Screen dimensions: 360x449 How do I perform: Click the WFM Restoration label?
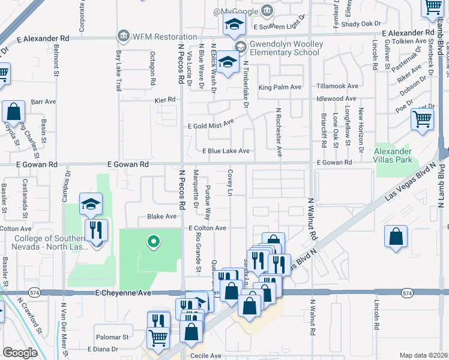pyautogui.click(x=157, y=36)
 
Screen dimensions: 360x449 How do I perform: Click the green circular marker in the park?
pyautogui.click(x=153, y=242)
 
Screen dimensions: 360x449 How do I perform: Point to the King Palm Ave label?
pyautogui.click(x=280, y=87)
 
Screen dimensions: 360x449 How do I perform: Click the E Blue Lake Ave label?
pyautogui.click(x=226, y=151)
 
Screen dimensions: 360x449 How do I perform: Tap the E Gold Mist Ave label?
pyautogui.click(x=210, y=125)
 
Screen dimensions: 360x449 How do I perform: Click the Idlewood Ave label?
pyautogui.click(x=337, y=98)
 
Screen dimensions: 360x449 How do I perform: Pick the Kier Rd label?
pyautogui.click(x=165, y=100)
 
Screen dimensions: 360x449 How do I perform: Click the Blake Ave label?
pyautogui.click(x=162, y=216)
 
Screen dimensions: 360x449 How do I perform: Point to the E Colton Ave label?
pyautogui.click(x=206, y=228)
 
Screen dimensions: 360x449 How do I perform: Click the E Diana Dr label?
pyautogui.click(x=105, y=349)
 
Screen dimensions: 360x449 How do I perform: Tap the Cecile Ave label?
pyautogui.click(x=207, y=356)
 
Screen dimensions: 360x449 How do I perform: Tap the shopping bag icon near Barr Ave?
pyautogui.click(x=13, y=112)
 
